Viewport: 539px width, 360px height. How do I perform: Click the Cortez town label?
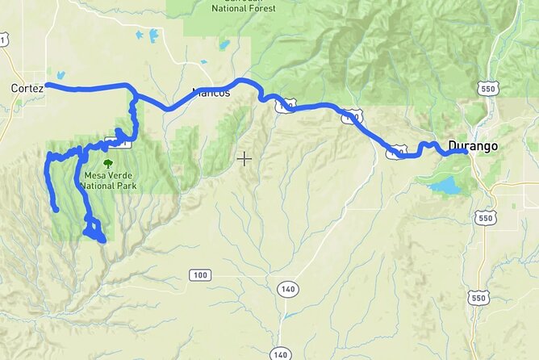click(x=27, y=87)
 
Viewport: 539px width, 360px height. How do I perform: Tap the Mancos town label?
click(x=211, y=93)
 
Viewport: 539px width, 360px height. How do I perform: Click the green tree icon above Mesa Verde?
click(x=107, y=165)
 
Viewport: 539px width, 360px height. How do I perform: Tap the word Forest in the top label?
click(x=261, y=8)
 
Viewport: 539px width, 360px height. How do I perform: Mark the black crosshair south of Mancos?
click(x=244, y=158)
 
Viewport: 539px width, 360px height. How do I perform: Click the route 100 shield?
click(x=200, y=275)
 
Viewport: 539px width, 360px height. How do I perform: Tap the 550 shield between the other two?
click(x=485, y=218)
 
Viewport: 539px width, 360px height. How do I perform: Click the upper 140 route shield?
click(x=287, y=288)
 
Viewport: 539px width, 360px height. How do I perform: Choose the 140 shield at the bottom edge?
click(x=279, y=354)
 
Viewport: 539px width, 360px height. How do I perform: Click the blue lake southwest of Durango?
click(x=445, y=186)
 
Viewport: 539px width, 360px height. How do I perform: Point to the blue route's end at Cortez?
click(x=48, y=85)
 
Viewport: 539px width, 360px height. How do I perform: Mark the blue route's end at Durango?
click(x=466, y=150)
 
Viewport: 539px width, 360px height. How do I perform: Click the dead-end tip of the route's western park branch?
click(x=55, y=209)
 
